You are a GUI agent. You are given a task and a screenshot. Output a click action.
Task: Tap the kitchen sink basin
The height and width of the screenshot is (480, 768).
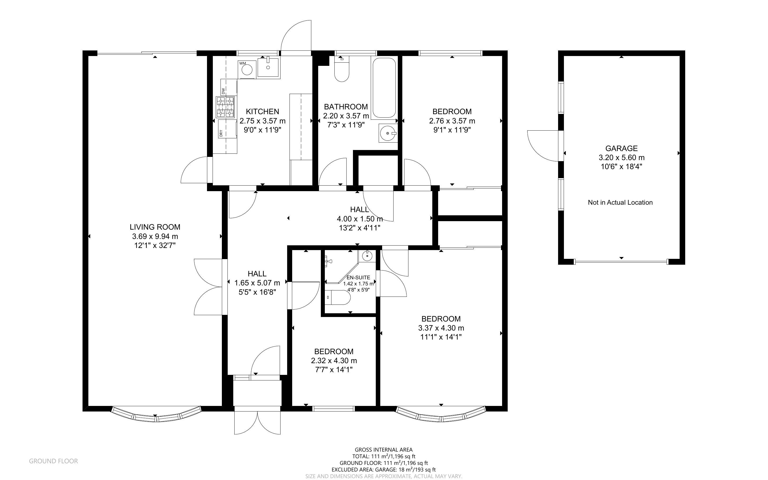[x=268, y=67]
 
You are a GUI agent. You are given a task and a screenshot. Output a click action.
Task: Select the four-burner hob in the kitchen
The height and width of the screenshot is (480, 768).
[x=226, y=107]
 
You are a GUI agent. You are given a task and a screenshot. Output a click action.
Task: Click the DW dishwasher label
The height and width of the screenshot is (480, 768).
[x=223, y=91]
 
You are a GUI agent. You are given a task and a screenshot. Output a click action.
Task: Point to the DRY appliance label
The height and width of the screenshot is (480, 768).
[x=221, y=133]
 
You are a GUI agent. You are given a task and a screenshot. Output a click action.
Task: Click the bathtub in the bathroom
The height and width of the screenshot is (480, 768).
[x=384, y=88]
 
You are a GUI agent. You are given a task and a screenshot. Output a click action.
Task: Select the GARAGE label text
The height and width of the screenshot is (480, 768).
[x=621, y=148]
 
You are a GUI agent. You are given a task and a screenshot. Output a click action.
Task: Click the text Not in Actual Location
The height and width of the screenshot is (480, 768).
[x=620, y=203]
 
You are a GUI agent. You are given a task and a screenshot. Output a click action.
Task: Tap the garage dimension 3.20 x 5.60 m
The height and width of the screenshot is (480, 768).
[x=621, y=157]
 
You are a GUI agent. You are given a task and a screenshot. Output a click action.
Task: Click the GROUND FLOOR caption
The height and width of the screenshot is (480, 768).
[x=53, y=461]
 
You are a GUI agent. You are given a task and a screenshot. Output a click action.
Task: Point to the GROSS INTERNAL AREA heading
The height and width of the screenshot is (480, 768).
[x=383, y=449]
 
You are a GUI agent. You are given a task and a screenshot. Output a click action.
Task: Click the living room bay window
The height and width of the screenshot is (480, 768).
[x=156, y=416]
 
